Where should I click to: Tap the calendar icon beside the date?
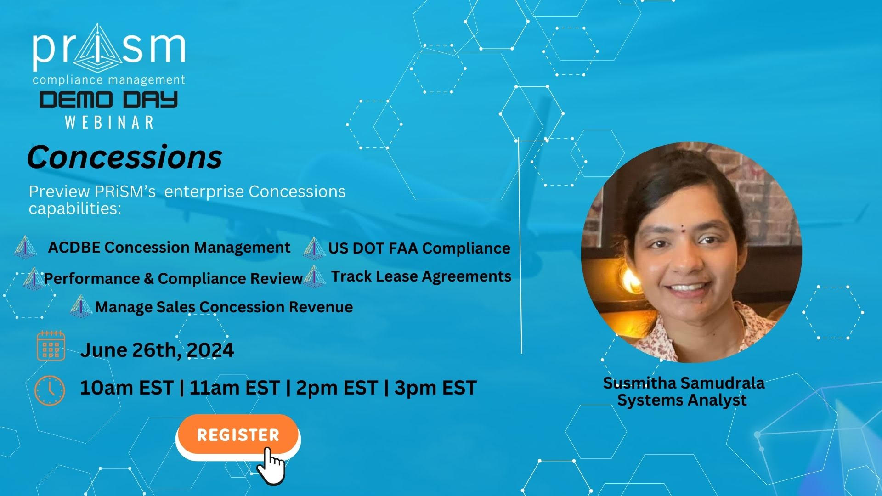pos(51,345)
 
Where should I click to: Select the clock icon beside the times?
pos(50,390)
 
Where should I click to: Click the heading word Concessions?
pos(124,157)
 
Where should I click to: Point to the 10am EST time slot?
pos(126,388)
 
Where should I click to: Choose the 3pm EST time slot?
pos(435,388)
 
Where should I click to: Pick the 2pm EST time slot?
pos(337,388)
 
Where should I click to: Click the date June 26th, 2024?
pos(157,350)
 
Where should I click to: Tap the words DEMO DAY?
pos(108,100)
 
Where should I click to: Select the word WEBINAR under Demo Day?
pos(109,122)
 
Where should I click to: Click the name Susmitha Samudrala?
pos(684,383)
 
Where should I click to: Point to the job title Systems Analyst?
pos(682,400)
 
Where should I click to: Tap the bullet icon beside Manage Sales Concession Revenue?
pos(81,306)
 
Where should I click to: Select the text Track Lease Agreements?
pos(421,276)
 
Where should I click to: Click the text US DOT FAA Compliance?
pos(419,248)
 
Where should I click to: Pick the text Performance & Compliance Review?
pos(173,278)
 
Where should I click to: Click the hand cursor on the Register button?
pos(271,466)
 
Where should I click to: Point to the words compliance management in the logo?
pos(109,80)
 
